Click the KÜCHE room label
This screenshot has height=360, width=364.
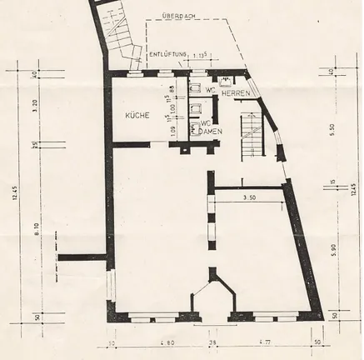click(x=137, y=116)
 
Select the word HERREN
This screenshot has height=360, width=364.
click(x=236, y=92)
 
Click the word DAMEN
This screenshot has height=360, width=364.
click(x=207, y=133)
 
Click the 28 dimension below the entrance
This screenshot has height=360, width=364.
click(x=213, y=342)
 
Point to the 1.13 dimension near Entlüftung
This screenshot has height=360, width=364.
click(x=200, y=55)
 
